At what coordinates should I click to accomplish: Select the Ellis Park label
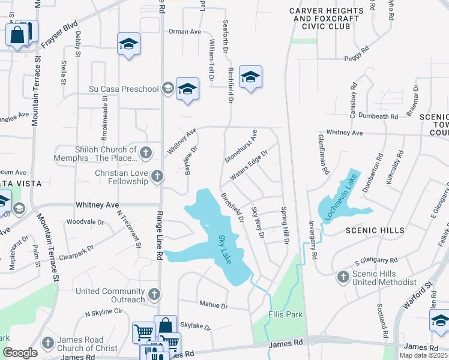click(x=285, y=314)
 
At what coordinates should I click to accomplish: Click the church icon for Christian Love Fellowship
click(x=157, y=176)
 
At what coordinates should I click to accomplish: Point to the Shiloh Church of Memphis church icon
click(x=145, y=153)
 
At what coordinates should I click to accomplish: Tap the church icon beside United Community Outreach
click(x=154, y=295)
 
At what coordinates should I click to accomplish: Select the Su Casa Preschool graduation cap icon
click(x=167, y=89)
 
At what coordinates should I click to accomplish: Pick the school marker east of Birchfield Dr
click(x=250, y=77)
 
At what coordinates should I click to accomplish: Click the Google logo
click(x=20, y=353)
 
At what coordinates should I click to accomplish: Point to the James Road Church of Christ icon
click(x=48, y=343)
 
